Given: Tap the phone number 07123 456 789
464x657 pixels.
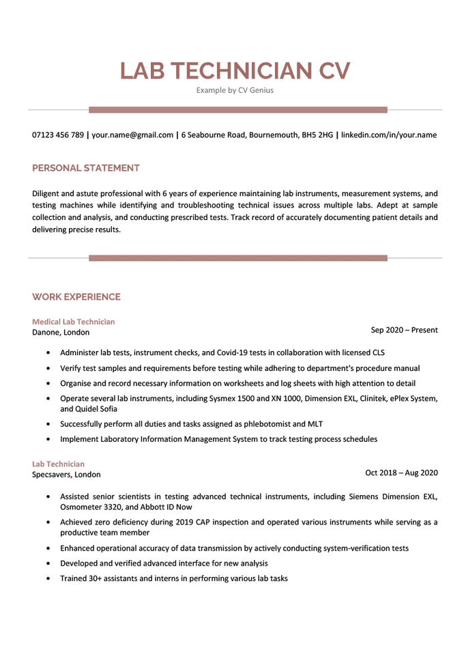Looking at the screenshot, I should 58,135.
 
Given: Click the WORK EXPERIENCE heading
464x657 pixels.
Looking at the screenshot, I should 76,296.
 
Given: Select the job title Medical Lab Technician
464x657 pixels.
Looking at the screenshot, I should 74,321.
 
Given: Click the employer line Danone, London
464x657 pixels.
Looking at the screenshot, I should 61,333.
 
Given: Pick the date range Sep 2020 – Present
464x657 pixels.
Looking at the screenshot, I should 404,331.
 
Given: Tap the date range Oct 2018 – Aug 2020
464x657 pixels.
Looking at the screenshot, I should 401,473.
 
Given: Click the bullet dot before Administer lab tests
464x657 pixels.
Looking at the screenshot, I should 47,353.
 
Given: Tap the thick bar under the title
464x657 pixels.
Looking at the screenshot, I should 237,109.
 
